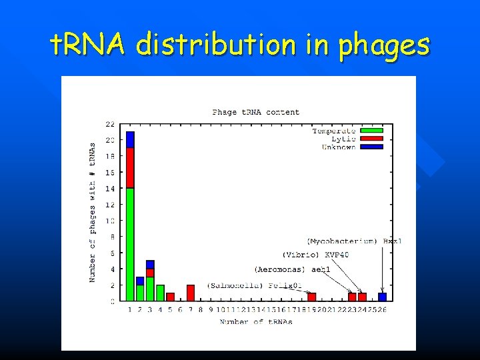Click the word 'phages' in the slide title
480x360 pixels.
click(383, 46)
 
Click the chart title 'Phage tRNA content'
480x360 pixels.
click(256, 112)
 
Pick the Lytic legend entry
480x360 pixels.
click(347, 139)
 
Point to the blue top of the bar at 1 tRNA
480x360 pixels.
click(130, 139)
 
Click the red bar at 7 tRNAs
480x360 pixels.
click(191, 293)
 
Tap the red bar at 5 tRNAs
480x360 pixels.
click(170, 297)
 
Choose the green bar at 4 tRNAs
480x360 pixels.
click(160, 293)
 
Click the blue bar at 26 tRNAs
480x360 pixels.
click(383, 297)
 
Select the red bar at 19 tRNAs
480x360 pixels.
click(311, 297)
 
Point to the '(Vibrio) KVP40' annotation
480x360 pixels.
click(315, 255)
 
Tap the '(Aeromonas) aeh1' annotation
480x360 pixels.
click(292, 269)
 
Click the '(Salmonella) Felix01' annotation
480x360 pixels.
click(254, 285)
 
